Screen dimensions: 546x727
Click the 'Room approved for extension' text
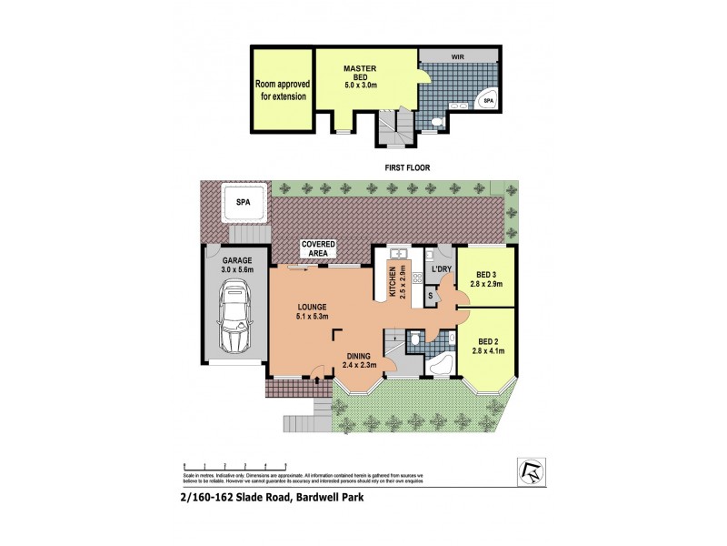pyautogui.click(x=283, y=90)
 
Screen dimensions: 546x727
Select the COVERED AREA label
pyautogui.click(x=318, y=249)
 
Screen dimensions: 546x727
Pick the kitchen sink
pyautogui.click(x=399, y=254)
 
